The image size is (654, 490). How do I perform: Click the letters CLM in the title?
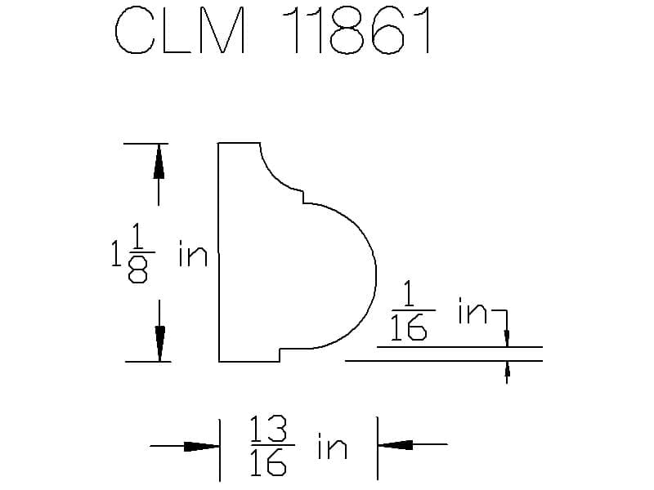[x=180, y=30]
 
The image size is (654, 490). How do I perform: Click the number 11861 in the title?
[x=356, y=30]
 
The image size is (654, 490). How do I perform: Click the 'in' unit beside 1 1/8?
[x=193, y=253]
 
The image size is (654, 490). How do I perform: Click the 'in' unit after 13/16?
[x=332, y=446]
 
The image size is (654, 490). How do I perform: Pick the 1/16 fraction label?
[x=411, y=310]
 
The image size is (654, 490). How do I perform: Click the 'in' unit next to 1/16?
[x=473, y=310]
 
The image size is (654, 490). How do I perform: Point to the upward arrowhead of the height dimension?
[x=159, y=161]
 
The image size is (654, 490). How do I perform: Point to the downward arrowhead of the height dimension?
[x=159, y=344]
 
